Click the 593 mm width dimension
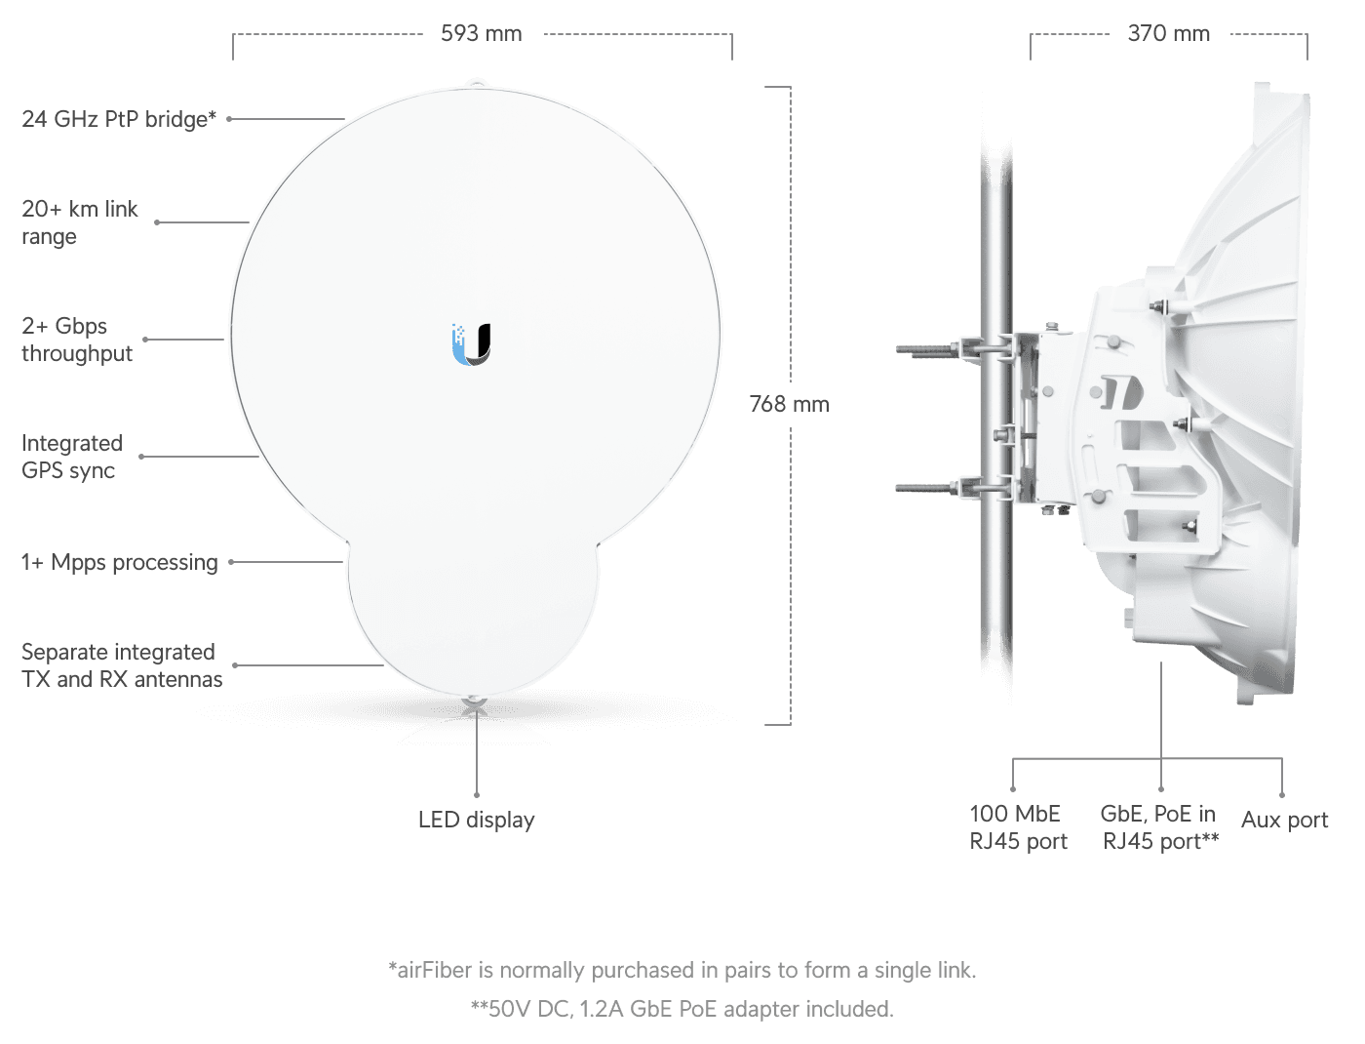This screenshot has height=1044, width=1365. pyautogui.click(x=482, y=33)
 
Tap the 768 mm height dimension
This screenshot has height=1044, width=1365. pyautogui.click(x=789, y=404)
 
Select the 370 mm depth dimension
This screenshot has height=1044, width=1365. pyautogui.click(x=1168, y=33)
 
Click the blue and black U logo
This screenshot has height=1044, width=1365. pyautogui.click(x=471, y=344)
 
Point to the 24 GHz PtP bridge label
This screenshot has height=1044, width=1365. pyautogui.click(x=119, y=119)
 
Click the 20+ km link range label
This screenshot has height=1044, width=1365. pyautogui.click(x=80, y=222)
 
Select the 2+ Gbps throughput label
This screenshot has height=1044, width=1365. pyautogui.click(x=77, y=340)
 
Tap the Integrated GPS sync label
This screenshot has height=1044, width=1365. pyautogui.click(x=72, y=457)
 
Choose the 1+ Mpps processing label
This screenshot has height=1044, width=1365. pyautogui.click(x=119, y=562)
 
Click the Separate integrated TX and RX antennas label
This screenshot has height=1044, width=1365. pyautogui.click(x=122, y=665)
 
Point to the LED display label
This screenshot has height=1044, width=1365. pyautogui.click(x=477, y=820)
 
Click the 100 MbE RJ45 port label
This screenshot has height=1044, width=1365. pyautogui.click(x=1018, y=827)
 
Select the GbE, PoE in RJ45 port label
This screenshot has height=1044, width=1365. pyautogui.click(x=1159, y=827)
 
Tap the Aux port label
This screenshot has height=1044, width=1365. pyautogui.click(x=1284, y=820)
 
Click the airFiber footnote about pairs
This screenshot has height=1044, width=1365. pyautogui.click(x=682, y=970)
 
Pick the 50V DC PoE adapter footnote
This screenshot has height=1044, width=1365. pyautogui.click(x=682, y=1009)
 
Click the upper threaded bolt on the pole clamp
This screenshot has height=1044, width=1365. pyautogui.click(x=931, y=349)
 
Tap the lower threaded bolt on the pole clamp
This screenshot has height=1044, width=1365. pyautogui.click(x=931, y=489)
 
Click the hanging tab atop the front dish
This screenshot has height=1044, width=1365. pyautogui.click(x=476, y=83)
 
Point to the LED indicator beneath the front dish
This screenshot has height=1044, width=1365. pyautogui.click(x=475, y=702)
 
